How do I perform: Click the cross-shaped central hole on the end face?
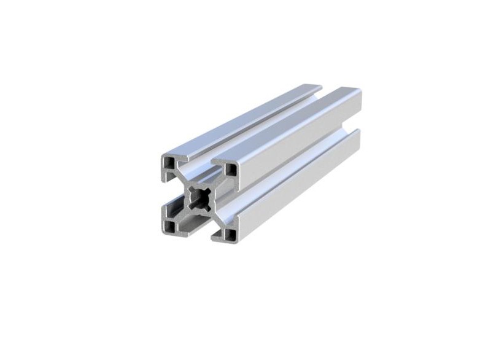point(199,198)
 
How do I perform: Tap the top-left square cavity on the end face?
point(169,163)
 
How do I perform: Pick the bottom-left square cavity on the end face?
point(169,225)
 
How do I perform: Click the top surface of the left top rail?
point(239,120)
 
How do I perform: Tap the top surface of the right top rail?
point(288,123)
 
